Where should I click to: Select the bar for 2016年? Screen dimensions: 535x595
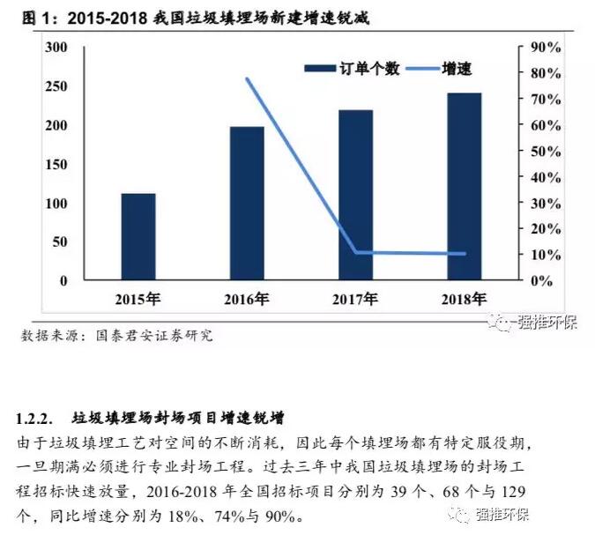coord(247,204)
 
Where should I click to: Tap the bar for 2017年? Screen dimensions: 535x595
coord(356,195)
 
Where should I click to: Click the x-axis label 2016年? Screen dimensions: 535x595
coord(248,299)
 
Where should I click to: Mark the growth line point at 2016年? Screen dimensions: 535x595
coord(248,79)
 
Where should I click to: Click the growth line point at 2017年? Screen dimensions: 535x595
coord(356,252)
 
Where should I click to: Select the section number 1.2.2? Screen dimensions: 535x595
coord(36,416)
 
